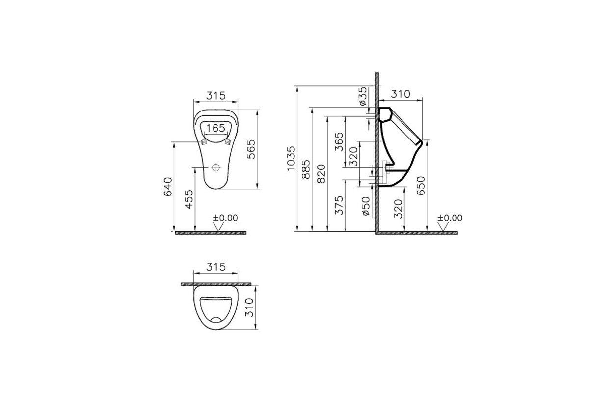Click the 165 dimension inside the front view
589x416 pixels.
[215, 128]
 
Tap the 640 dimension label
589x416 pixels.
[168, 187]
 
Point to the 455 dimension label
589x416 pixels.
[189, 199]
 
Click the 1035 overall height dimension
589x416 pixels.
[292, 158]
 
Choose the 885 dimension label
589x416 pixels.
[306, 169]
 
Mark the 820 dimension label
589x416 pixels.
[321, 173]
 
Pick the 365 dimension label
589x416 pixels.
[338, 142]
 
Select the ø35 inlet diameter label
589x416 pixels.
[362, 97]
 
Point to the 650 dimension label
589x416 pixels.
[421, 186]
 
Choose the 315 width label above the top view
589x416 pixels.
[215, 267]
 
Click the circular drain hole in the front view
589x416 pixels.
[215, 167]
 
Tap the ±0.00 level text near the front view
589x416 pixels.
[225, 217]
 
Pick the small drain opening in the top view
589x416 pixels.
[216, 320]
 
